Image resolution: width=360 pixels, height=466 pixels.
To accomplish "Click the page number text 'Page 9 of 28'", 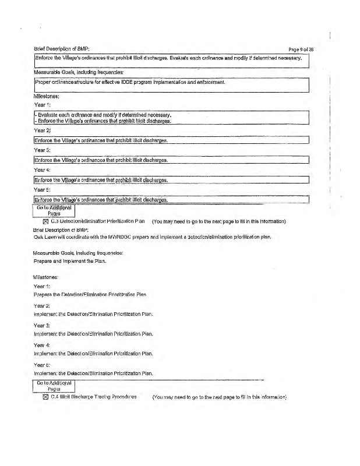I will coord(306,48).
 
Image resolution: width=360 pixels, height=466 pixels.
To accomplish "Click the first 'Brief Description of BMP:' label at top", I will coord(61,48).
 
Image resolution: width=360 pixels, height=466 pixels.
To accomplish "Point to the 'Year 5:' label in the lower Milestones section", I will coord(42,364).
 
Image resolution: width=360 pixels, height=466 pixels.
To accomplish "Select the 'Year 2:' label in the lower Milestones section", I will coord(42,305).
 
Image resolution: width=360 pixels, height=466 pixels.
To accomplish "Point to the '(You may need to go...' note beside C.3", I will coord(234,221).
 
